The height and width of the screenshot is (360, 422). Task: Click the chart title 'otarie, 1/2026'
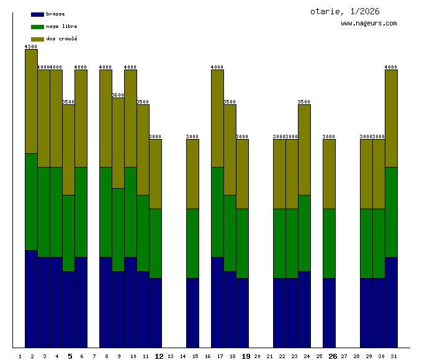coord(344,11)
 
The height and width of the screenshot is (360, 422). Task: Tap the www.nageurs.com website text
coord(369,24)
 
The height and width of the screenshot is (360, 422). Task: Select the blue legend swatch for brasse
coord(37,14)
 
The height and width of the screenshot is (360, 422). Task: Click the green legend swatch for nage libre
coord(37,27)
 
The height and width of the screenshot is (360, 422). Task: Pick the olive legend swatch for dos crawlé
coord(37,39)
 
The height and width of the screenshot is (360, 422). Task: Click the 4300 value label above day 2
coord(31,47)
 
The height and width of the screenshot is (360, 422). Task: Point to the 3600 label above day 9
coord(118,95)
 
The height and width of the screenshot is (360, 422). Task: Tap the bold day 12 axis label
coord(159,356)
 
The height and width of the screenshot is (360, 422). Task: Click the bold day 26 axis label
coord(333,356)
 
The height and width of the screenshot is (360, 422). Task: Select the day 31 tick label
coord(394,356)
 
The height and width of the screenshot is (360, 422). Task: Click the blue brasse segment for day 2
coord(31,298)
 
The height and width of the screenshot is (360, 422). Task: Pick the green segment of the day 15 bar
coord(192,243)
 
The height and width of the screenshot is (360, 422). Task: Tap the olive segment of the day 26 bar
coord(329,174)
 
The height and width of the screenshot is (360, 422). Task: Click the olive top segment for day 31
coord(391,118)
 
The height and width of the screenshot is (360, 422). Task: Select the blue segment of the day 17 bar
coord(217,302)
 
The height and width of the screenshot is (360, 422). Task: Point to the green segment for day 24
coord(304,233)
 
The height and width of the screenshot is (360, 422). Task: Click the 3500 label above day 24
coord(304,102)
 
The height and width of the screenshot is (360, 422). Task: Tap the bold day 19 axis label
coord(246,356)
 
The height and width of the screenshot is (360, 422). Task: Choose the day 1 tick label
coord(20,356)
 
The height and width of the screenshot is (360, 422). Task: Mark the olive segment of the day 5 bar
coord(68,150)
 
